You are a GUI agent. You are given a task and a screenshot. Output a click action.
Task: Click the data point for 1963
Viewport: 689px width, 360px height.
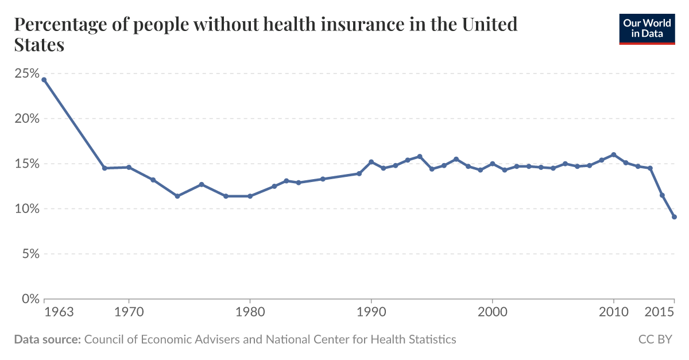44,80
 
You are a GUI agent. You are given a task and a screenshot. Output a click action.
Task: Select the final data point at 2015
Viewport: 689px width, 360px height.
674,217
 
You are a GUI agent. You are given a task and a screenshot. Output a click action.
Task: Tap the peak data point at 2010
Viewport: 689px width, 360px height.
614,154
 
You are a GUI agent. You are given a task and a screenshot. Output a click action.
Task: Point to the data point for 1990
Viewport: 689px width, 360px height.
371,162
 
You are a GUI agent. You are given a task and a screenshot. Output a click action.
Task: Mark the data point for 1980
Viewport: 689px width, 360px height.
250,196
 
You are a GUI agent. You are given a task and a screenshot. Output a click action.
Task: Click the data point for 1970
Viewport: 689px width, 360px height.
129,167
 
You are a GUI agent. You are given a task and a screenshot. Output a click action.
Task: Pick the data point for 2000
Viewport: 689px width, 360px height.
493,164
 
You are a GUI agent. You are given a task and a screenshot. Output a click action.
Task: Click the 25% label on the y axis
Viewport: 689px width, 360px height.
26,74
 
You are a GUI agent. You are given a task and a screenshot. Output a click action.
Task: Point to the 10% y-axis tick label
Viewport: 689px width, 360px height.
26,209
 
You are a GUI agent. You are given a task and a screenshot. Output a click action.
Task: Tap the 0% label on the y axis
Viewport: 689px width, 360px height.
30,299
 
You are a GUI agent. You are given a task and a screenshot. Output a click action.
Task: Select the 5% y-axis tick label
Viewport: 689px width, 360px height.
30,254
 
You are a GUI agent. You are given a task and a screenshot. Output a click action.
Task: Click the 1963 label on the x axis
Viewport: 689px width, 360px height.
59,312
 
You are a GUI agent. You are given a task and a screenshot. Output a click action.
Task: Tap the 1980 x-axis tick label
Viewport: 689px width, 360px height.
250,312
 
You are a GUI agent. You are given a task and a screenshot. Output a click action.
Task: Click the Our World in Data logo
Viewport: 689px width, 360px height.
647,29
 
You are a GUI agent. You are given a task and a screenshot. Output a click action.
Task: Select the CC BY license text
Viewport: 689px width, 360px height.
655,339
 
